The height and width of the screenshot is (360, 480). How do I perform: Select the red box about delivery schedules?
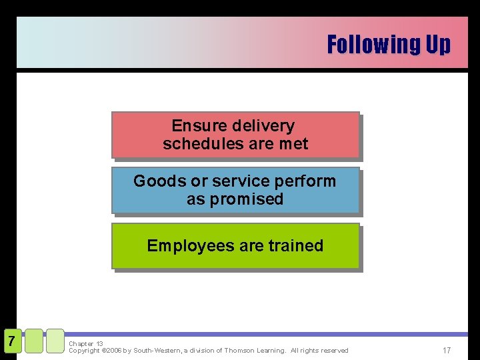tap(235, 135)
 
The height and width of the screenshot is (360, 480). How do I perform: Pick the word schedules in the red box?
tap(195, 144)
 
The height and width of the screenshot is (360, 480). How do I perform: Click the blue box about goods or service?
tap(235, 190)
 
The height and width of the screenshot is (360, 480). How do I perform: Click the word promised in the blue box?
tap(247, 199)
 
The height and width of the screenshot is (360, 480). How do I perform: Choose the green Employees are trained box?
tap(235, 246)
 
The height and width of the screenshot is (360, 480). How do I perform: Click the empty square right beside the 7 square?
tap(34, 341)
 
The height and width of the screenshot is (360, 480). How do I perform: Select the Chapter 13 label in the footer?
tap(86, 344)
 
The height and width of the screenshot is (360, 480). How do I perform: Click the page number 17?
tap(447, 350)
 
